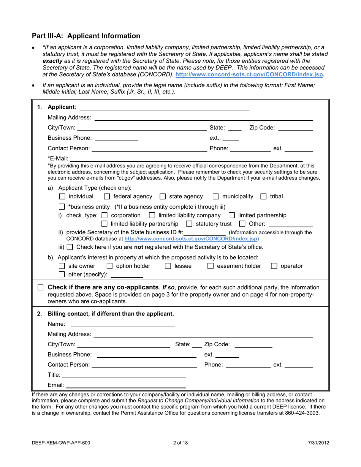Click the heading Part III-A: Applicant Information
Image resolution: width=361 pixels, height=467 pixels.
click(x=86, y=36)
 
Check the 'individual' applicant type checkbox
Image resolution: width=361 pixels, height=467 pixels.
click(x=63, y=197)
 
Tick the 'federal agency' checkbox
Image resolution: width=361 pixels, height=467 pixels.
click(x=107, y=197)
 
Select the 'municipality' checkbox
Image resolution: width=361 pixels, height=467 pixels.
click(x=215, y=197)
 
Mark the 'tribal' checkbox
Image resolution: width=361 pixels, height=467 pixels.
click(x=263, y=197)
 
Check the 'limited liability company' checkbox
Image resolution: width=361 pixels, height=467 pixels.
click(x=152, y=216)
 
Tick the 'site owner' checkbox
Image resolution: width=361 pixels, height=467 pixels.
click(x=63, y=266)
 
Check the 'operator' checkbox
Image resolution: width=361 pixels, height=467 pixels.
click(x=274, y=266)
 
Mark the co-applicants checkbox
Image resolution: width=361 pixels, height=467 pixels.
click(x=41, y=288)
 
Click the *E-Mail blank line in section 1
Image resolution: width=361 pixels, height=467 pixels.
click(x=186, y=158)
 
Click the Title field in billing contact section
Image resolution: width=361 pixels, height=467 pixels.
click(x=123, y=375)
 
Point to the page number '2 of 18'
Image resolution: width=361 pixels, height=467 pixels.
click(x=180, y=443)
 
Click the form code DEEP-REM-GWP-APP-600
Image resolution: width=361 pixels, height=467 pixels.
click(x=61, y=443)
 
